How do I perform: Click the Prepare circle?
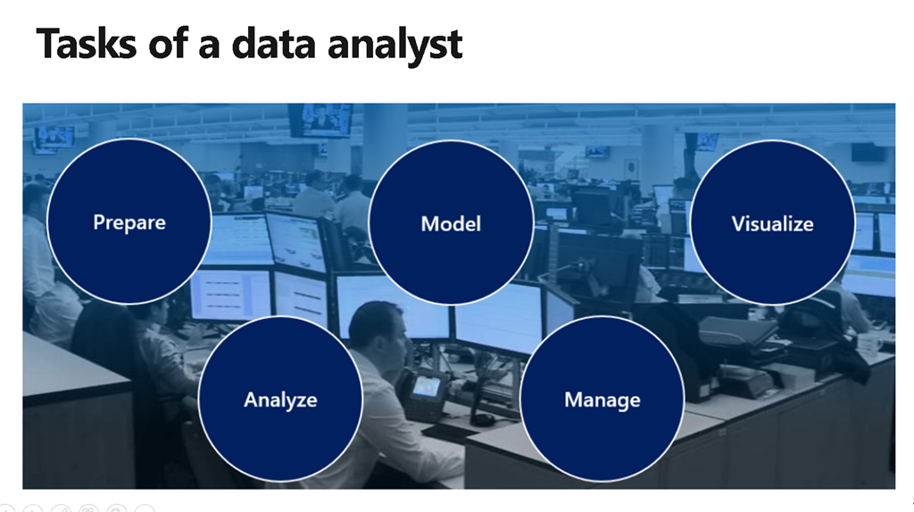(129, 222)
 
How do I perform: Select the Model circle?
(451, 222)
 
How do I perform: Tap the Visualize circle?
(772, 222)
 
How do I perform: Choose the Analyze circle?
(280, 399)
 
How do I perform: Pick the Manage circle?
(602, 399)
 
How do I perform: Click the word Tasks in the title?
(87, 44)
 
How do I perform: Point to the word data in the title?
(273, 44)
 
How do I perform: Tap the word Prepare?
(129, 223)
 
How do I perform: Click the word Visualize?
(772, 223)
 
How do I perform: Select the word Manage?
(602, 400)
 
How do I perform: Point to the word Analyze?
(280, 400)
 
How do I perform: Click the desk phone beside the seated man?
(424, 393)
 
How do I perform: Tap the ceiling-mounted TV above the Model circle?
(321, 120)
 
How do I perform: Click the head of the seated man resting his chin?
(378, 333)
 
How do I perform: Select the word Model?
(451, 223)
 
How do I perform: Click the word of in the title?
(169, 44)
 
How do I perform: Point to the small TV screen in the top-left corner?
(54, 138)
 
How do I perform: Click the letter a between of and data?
(209, 48)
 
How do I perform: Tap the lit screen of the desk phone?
(428, 386)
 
